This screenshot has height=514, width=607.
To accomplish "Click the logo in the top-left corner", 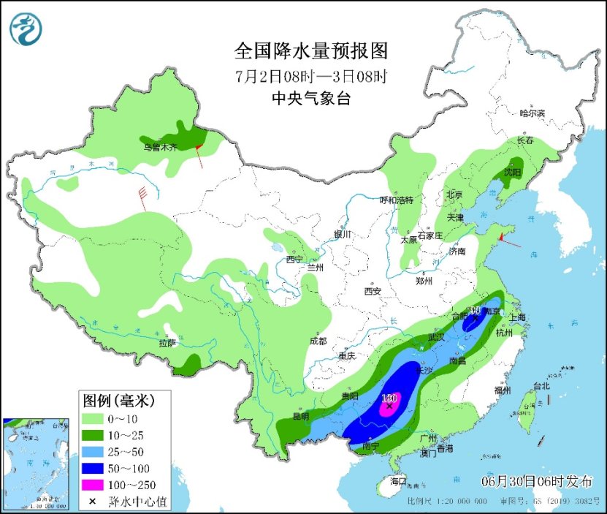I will click(26, 29).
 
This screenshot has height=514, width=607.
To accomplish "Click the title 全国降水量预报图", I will click(310, 51).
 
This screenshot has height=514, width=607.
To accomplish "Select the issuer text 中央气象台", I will click(310, 99).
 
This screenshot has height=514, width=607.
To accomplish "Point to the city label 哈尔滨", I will click(532, 113).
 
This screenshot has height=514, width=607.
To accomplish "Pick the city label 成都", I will click(318, 341).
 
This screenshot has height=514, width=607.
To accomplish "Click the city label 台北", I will click(541, 385).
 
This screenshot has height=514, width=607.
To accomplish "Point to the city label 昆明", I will click(300, 416).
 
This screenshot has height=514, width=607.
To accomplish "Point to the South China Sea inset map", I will click(38, 464).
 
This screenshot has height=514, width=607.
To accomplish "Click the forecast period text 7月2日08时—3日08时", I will click(310, 75).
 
